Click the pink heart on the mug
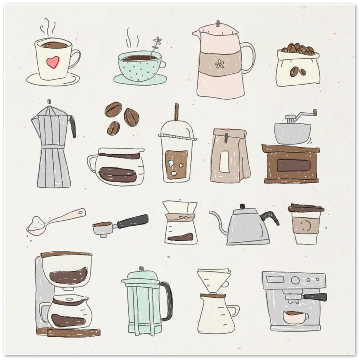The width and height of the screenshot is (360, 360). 53,62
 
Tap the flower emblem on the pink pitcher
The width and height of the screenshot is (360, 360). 220,64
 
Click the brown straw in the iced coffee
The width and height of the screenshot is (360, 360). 176,112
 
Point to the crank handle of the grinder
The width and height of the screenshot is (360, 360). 305,115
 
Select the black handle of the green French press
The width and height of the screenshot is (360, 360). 167,301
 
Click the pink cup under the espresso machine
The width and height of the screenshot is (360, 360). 294,317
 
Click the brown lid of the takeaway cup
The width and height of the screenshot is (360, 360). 306,208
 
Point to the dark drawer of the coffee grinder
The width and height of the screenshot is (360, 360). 293,165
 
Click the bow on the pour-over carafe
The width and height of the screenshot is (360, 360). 180,218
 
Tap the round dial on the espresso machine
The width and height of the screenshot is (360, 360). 295,280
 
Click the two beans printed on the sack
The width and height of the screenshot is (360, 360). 298,71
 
